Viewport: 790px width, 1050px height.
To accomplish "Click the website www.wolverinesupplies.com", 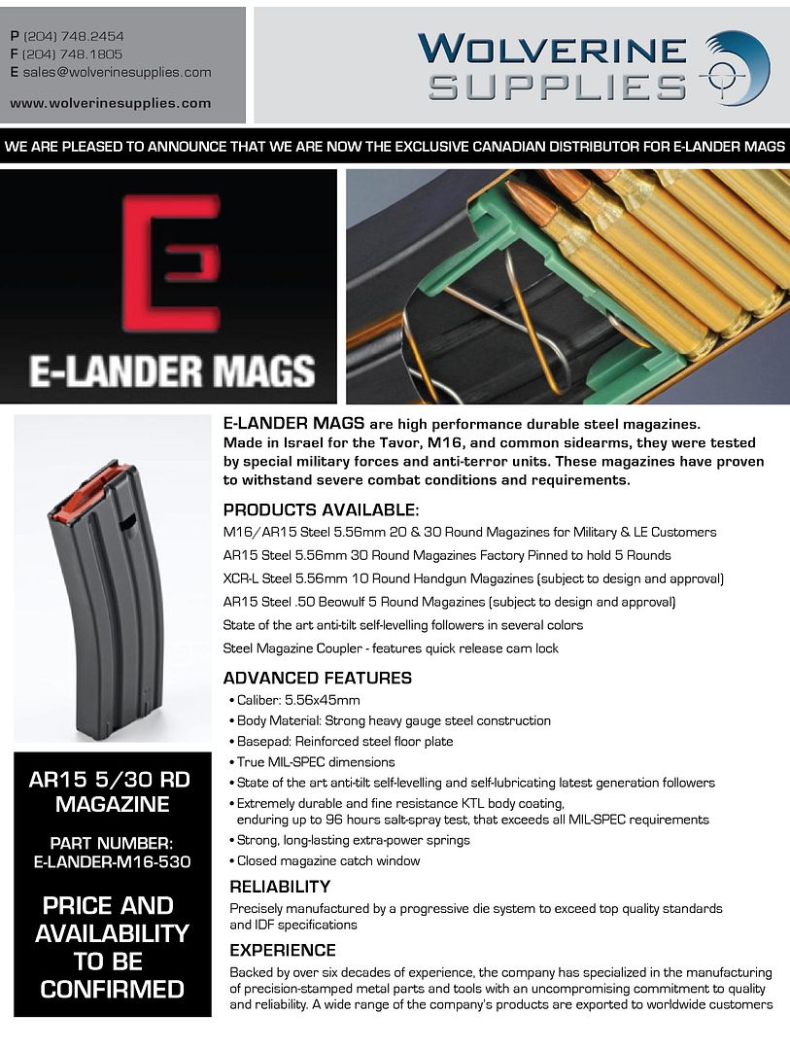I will pos(111,103).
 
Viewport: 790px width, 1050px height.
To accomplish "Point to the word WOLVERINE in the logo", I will pos(552,49).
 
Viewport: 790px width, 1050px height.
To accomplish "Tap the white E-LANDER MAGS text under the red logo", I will pos(172,369).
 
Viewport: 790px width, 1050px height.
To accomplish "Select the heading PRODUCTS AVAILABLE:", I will pos(322,510).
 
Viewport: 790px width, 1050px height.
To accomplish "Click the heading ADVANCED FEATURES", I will pos(318,678).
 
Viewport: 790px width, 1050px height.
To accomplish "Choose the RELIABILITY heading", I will pos(280,887).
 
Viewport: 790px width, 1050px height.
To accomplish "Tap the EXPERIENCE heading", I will pos(283,950).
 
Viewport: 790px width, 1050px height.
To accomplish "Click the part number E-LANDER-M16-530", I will pos(112,861).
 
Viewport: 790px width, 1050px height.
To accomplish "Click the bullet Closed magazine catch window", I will pos(329,860).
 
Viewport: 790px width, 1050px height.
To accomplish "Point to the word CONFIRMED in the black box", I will pos(112,990).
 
